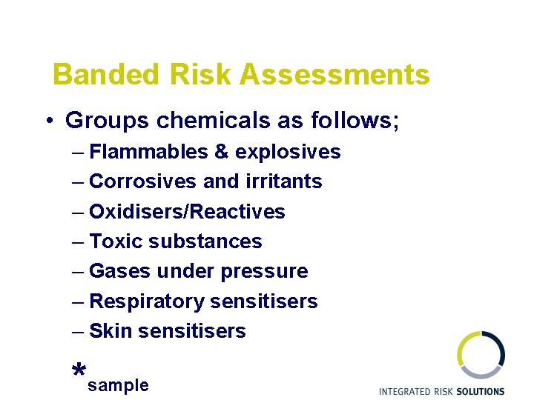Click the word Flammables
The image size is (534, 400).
pyautogui.click(x=148, y=152)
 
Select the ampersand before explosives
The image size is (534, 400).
pyautogui.click(x=221, y=152)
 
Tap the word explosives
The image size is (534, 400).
pyautogui.click(x=288, y=153)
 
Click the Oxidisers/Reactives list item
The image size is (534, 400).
pyautogui.click(x=187, y=212)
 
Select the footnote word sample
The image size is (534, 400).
pyautogui.click(x=118, y=386)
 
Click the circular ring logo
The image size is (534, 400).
pyautogui.click(x=481, y=354)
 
